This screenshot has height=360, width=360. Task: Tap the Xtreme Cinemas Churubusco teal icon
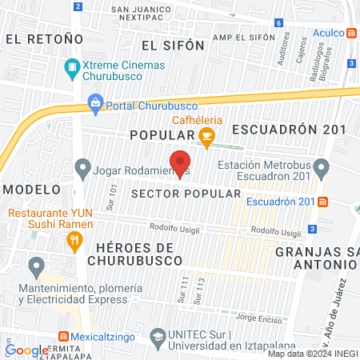(x=74, y=68)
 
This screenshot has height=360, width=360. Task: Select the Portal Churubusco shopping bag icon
(x=95, y=102)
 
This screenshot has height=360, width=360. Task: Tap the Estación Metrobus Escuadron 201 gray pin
(x=322, y=168)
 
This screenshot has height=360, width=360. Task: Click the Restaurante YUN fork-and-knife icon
(x=74, y=239)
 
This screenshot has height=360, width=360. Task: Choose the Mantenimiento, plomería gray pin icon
(x=36, y=265)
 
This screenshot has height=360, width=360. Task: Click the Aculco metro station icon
(x=351, y=32)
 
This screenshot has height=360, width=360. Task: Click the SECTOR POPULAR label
(x=185, y=194)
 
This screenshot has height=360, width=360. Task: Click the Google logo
(x=26, y=350)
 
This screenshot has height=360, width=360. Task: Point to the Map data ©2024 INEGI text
(x=312, y=354)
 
